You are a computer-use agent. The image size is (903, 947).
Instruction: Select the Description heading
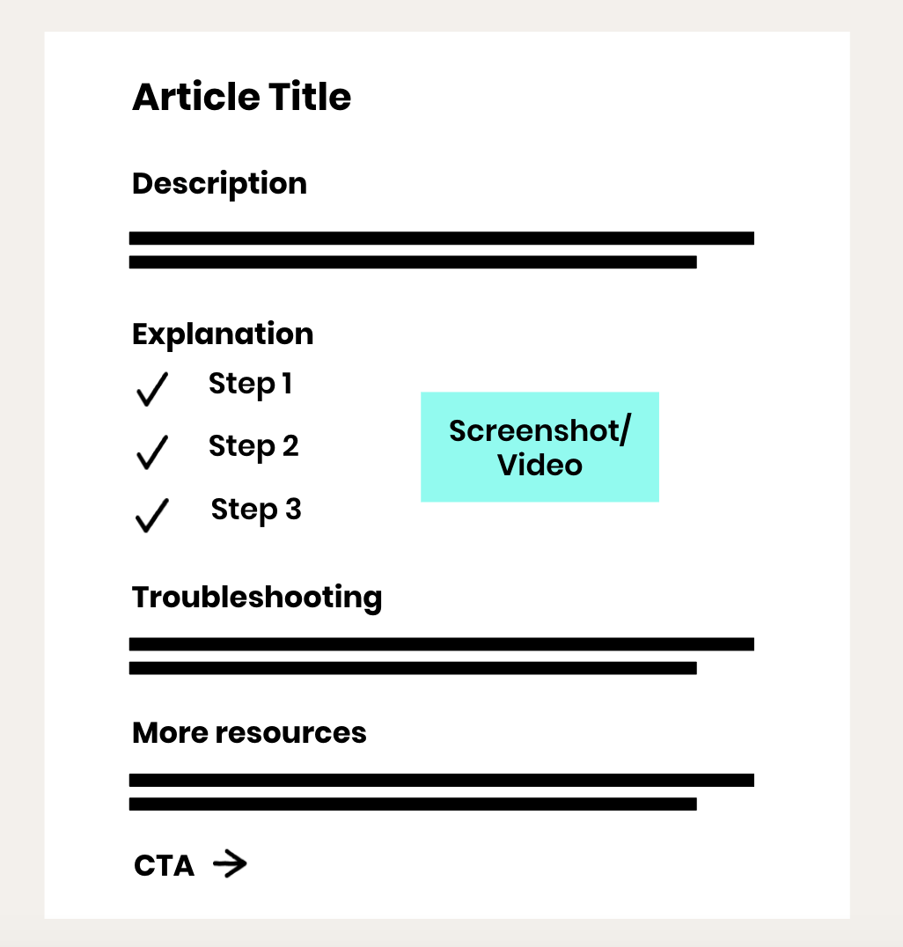point(219,184)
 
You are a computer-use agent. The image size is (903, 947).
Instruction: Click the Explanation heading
point(223,334)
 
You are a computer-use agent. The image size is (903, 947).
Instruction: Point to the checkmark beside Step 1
point(151,389)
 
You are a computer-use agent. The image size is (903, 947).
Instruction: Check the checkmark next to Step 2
point(151,451)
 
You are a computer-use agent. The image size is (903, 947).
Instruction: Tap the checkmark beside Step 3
point(151,515)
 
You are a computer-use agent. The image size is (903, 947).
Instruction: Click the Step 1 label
point(250,385)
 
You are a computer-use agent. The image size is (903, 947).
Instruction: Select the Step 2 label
point(253,447)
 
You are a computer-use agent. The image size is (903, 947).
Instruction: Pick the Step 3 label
point(256,510)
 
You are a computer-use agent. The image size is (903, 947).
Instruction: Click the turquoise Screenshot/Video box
point(540,447)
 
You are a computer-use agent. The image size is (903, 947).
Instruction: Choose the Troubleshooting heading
point(257,598)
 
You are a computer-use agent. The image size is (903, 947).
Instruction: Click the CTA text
point(164,866)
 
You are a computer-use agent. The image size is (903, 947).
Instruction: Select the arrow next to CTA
point(230,865)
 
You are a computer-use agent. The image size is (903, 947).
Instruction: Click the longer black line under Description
point(441,238)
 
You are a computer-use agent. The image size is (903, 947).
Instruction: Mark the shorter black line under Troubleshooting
point(413,668)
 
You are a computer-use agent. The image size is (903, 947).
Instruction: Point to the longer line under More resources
point(441,780)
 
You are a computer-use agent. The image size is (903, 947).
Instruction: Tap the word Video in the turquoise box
point(540,465)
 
